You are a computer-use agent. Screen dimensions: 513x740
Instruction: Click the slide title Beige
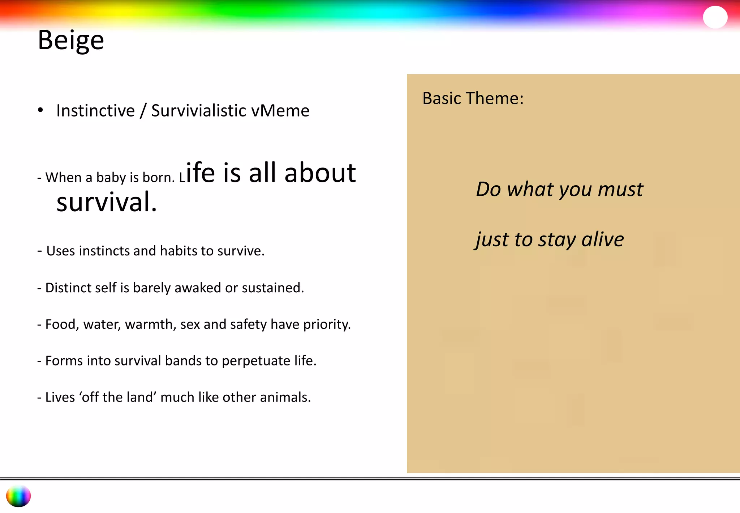pos(71,40)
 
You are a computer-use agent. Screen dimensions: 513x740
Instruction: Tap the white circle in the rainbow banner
pos(715,17)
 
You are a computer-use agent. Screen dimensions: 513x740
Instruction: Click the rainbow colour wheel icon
pos(18,496)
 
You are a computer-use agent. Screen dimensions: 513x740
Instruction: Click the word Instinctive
pos(95,111)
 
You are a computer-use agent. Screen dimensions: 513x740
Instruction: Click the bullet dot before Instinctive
pos(40,110)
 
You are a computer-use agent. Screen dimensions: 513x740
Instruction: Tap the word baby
pos(111,178)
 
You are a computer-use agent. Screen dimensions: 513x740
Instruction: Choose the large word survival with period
pos(107,202)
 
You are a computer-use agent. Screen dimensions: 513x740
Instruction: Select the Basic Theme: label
pos(473,98)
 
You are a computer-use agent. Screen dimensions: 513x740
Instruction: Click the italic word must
pos(620,189)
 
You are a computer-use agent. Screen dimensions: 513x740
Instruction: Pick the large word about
pos(320,173)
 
